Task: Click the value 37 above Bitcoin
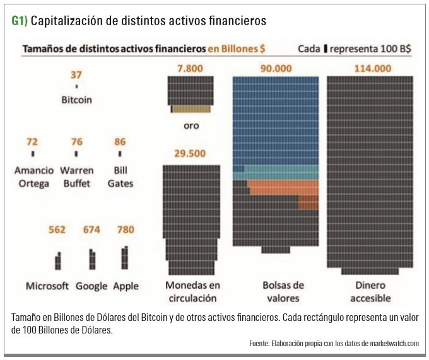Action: [x=76, y=75]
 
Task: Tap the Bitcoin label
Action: [x=76, y=100]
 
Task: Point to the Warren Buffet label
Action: [x=76, y=177]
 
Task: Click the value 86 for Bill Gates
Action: [x=120, y=141]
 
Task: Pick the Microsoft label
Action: [x=47, y=286]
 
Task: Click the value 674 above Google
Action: [x=91, y=229]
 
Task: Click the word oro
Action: [x=191, y=125]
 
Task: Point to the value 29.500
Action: [x=191, y=154]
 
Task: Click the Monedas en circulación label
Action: [x=191, y=292]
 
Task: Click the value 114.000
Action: [x=370, y=68]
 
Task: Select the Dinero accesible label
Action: [x=370, y=292]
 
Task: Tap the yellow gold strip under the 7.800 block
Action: [x=193, y=109]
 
